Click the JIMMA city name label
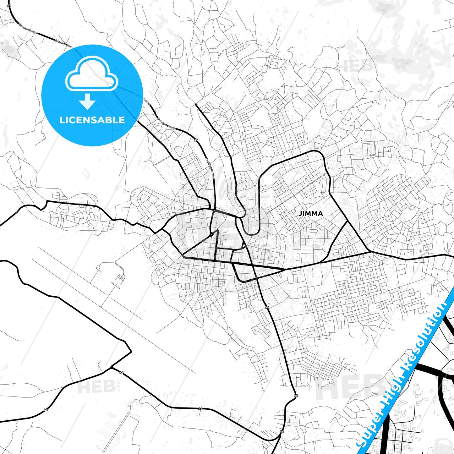310,214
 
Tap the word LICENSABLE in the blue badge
92,120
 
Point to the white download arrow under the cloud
87,101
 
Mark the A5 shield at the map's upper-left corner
9,5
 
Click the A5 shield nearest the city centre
196,140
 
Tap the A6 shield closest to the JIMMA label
267,307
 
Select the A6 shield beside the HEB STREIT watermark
122,373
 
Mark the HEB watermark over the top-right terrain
355,65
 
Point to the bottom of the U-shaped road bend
251,233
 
